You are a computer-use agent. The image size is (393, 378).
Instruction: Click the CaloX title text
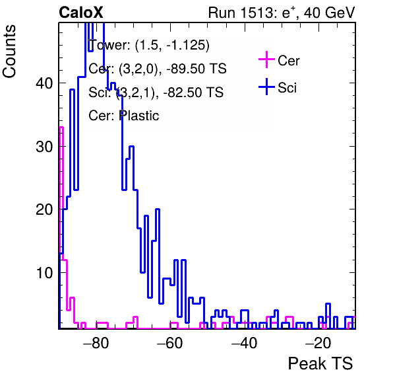(x=80, y=13)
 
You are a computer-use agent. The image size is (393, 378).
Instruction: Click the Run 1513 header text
(x=282, y=13)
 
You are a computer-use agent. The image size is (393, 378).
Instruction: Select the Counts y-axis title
(x=9, y=52)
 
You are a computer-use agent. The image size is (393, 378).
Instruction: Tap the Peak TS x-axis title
(x=320, y=363)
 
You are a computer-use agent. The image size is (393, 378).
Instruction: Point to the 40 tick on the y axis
(x=44, y=83)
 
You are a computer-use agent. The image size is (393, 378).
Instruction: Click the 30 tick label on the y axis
(x=44, y=147)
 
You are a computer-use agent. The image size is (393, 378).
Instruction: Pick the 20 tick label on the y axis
(x=44, y=209)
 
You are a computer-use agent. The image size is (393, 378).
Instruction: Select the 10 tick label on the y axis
(x=44, y=273)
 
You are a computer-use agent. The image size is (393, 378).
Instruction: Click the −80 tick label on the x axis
(x=96, y=343)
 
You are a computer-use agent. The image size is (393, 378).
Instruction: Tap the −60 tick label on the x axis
(x=170, y=343)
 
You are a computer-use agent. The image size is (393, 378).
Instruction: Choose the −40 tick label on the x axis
(x=244, y=343)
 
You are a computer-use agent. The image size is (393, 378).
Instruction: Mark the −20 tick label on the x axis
(x=318, y=343)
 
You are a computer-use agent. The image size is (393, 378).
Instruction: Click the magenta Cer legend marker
(x=266, y=59)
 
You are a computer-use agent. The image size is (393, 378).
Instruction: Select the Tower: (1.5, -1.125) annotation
(x=149, y=45)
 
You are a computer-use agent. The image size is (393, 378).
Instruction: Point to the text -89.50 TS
(x=196, y=69)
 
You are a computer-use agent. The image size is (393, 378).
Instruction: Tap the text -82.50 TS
(x=193, y=92)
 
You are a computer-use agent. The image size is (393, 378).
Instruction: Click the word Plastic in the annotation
(x=139, y=116)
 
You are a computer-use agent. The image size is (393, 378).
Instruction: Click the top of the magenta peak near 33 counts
(x=61, y=128)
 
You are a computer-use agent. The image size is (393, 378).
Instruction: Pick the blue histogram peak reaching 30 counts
(x=131, y=147)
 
